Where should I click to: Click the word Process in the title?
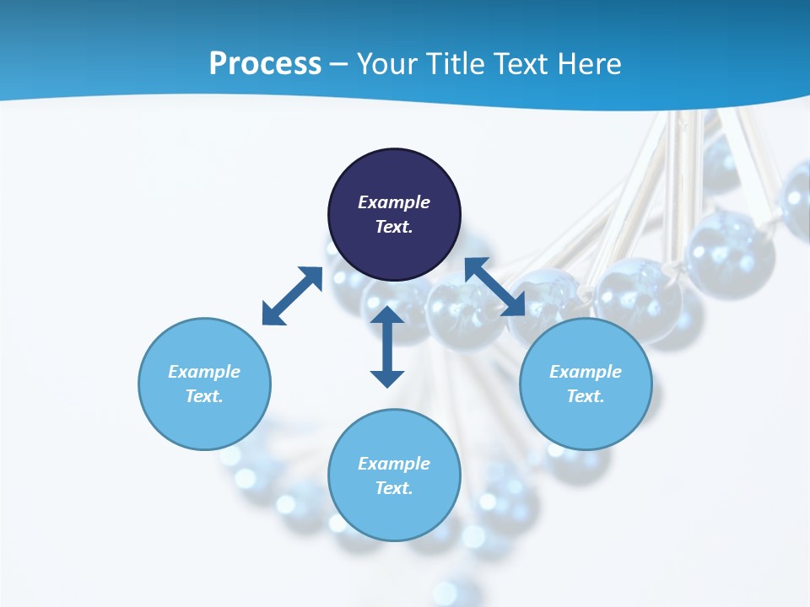(265, 64)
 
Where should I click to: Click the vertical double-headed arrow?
(387, 346)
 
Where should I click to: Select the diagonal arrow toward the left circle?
(292, 296)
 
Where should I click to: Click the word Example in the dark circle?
(394, 202)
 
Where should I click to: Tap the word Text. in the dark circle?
(394, 227)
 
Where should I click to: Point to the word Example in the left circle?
(204, 372)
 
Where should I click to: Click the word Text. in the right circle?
(586, 396)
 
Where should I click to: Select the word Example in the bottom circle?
(394, 464)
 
